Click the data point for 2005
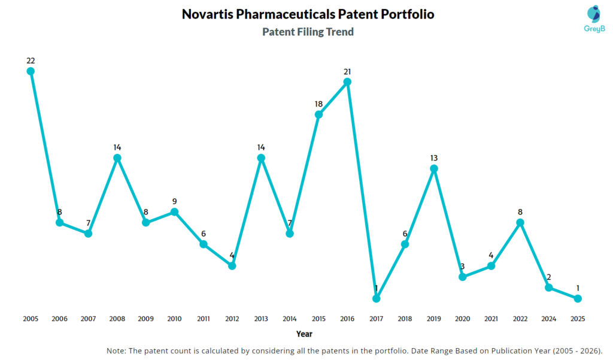tap(31, 71)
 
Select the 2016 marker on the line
tap(347, 82)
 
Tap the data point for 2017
tap(376, 298)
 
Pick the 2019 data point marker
tap(434, 168)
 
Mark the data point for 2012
tap(232, 265)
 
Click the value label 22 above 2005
tap(31, 60)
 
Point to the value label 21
tap(347, 71)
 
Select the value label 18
tap(318, 104)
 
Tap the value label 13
tap(434, 158)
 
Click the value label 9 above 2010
tap(174, 201)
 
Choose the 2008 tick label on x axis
tap(117, 319)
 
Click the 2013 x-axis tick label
tap(261, 319)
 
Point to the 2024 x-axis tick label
tap(549, 319)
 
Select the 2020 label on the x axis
tap(463, 319)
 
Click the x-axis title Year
tap(304, 334)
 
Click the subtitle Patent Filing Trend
tap(308, 32)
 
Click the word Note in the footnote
tap(118, 350)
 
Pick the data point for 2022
tap(520, 223)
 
